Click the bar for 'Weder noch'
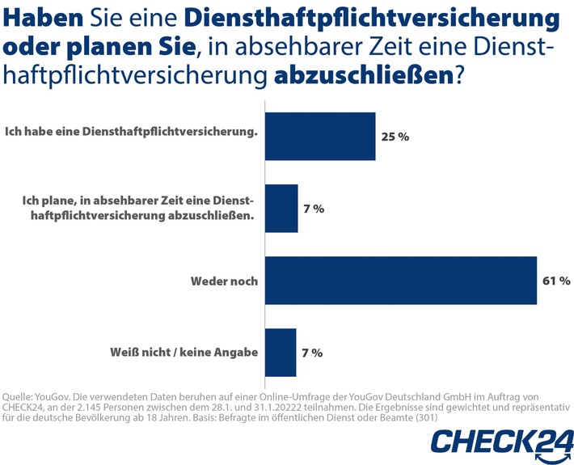click(x=401, y=281)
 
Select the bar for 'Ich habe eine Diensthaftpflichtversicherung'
click(x=320, y=136)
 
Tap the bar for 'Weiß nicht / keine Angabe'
click(x=281, y=353)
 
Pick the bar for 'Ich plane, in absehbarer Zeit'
click(x=281, y=209)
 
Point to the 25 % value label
click(x=395, y=137)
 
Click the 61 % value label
click(x=556, y=281)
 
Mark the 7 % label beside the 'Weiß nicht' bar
click(x=311, y=353)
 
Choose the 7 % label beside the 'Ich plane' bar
click(x=313, y=209)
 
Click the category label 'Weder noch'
click(x=224, y=281)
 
